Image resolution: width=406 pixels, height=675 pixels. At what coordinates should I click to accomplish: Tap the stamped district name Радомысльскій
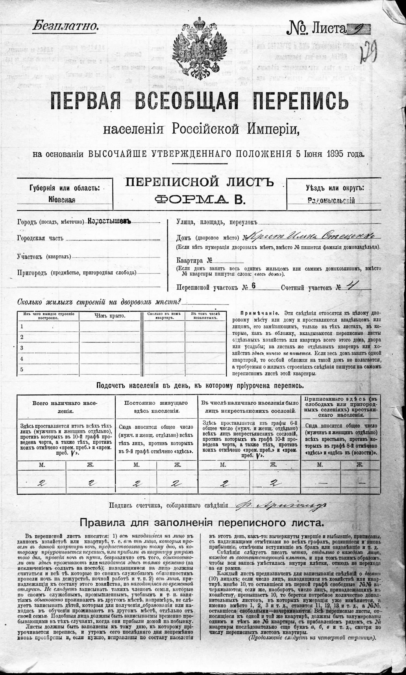coord(331,201)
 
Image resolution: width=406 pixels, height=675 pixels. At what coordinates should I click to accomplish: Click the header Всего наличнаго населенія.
coord(64,407)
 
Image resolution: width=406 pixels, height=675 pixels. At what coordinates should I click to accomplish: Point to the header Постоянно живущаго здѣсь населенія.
coord(156,407)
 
